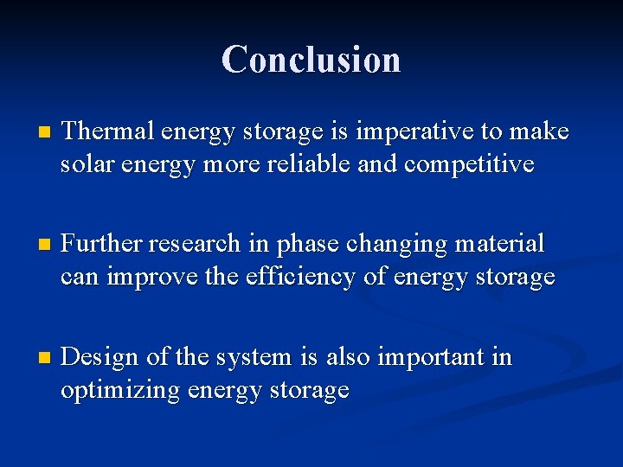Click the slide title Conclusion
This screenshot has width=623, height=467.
point(311,60)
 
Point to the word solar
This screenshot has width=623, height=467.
point(84,164)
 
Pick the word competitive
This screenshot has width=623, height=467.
point(475,164)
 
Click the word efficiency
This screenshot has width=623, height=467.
point(294,278)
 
